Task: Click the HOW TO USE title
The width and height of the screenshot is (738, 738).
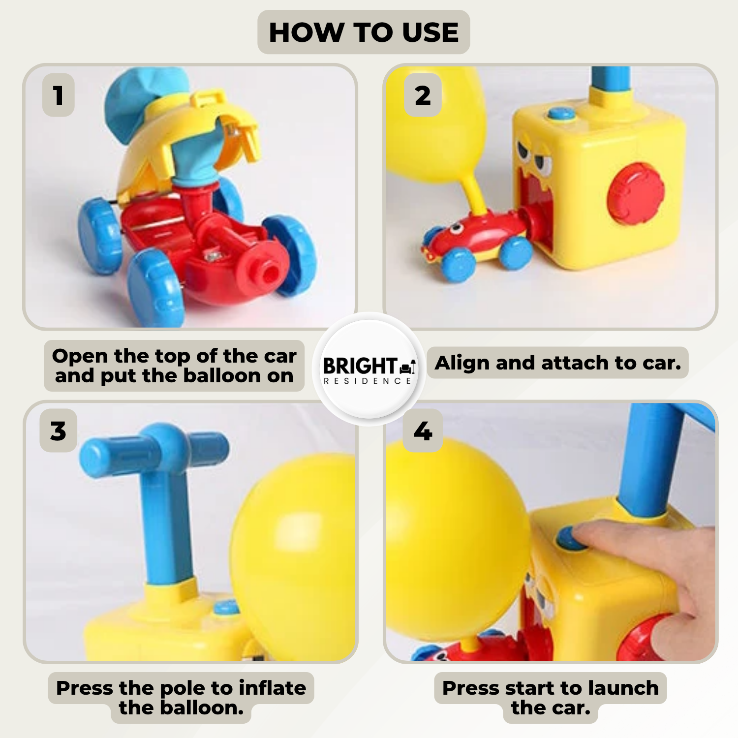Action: pyautogui.click(x=364, y=32)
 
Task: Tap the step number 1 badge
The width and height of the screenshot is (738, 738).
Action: pyautogui.click(x=59, y=95)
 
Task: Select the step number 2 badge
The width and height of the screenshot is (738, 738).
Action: pyautogui.click(x=423, y=95)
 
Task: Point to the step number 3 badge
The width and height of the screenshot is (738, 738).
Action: pyautogui.click(x=58, y=430)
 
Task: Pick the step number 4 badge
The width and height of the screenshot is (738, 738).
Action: pyautogui.click(x=423, y=430)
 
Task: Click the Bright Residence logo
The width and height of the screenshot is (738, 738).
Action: pyautogui.click(x=369, y=369)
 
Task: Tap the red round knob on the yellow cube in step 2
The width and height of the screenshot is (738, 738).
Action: pyautogui.click(x=636, y=193)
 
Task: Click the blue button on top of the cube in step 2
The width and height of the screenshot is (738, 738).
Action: pyautogui.click(x=562, y=114)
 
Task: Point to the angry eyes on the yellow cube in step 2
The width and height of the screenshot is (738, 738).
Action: pyautogui.click(x=534, y=157)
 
